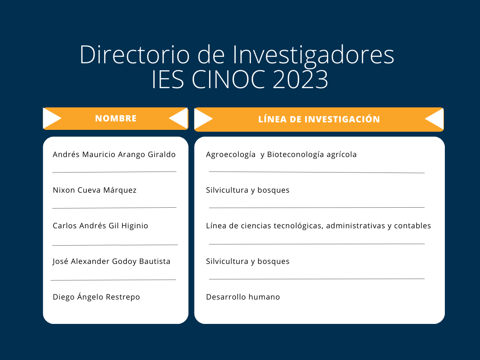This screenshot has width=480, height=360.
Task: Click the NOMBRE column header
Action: click(x=116, y=119)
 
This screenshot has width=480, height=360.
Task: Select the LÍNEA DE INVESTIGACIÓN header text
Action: click(x=319, y=119)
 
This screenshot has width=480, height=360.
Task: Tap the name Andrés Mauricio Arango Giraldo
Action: click(x=114, y=155)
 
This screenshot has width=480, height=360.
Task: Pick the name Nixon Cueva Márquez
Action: click(x=95, y=190)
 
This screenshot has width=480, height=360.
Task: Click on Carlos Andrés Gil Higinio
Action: click(x=100, y=225)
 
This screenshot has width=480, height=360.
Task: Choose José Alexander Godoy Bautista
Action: click(x=112, y=262)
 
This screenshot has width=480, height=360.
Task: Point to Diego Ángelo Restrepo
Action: click(x=96, y=297)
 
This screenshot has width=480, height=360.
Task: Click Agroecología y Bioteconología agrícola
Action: click(x=281, y=155)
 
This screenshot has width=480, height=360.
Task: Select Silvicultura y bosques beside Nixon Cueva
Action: click(x=247, y=190)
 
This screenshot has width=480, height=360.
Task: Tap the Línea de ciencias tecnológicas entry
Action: click(x=318, y=225)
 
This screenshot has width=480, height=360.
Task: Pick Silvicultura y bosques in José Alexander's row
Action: click(x=247, y=262)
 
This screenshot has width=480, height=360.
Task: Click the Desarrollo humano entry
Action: click(x=243, y=297)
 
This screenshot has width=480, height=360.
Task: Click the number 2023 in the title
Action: click(x=300, y=80)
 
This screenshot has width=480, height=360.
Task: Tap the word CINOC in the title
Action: click(x=228, y=80)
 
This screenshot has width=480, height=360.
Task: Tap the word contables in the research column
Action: click(x=412, y=225)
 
